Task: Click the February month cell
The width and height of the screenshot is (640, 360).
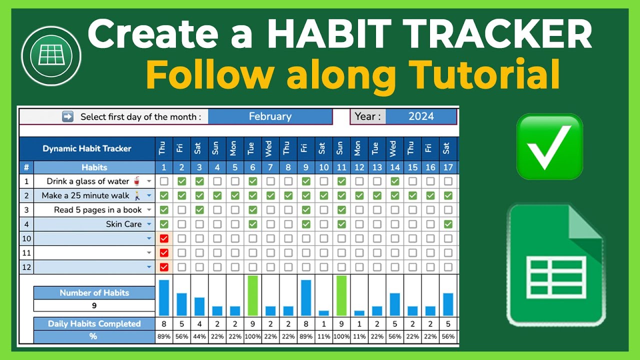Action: (x=270, y=116)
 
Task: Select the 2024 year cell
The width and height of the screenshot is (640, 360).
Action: (x=420, y=116)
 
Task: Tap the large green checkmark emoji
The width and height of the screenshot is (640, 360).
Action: (x=549, y=146)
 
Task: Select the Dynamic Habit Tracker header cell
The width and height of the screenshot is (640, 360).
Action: (x=87, y=148)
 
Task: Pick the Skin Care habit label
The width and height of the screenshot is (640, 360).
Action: (x=123, y=224)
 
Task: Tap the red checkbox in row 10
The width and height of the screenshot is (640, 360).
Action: (x=164, y=238)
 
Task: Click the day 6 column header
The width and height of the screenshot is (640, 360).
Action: (x=252, y=167)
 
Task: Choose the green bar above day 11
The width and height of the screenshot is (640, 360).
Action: (x=341, y=295)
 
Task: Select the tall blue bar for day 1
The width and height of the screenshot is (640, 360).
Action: (x=164, y=297)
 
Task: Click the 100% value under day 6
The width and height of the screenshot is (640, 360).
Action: (x=252, y=336)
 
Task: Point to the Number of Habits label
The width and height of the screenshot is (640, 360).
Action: (x=94, y=292)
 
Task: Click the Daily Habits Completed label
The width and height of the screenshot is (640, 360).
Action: (x=94, y=323)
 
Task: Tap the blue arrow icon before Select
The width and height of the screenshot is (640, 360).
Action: (x=67, y=116)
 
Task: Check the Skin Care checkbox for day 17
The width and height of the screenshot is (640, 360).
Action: (x=448, y=224)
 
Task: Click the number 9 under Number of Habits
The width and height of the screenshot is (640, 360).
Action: (x=94, y=305)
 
